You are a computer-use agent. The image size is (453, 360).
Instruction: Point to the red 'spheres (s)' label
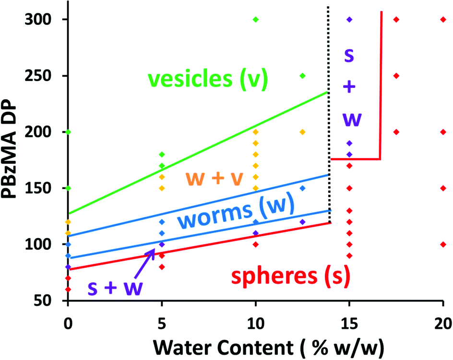tap(290, 277)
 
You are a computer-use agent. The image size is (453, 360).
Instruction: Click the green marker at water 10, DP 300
tap(256, 20)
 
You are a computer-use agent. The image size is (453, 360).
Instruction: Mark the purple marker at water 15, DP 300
tap(349, 20)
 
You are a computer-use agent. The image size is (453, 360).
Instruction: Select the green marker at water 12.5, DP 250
tap(302, 76)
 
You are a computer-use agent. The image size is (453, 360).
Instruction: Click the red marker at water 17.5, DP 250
tap(396, 76)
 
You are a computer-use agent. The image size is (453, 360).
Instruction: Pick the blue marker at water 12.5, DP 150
tap(302, 188)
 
